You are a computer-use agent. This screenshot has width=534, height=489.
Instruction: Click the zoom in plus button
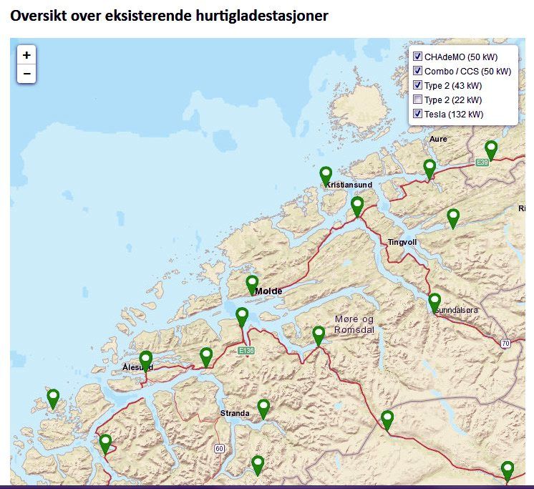pos(26,55)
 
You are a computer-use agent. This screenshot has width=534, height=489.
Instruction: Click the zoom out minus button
pos(26,74)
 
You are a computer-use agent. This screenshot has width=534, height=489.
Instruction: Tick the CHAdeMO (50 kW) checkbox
pos(418,57)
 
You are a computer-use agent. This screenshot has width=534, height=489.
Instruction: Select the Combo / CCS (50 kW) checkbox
pos(418,71)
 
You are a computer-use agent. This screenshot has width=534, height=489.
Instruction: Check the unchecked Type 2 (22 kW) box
pos(418,100)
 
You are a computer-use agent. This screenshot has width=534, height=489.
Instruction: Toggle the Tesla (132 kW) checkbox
pos(418,114)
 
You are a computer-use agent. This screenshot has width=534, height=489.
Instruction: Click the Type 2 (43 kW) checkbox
pos(418,85)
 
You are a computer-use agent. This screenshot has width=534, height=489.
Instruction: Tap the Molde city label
pos(268,291)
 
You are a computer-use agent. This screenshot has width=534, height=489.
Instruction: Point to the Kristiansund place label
pos(349,185)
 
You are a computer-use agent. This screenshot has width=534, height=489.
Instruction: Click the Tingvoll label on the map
pos(402,243)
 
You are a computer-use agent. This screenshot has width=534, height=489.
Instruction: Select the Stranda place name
pos(235,414)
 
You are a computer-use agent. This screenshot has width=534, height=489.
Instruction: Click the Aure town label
pos(438,139)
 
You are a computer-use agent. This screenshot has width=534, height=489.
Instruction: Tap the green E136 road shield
pos(246,351)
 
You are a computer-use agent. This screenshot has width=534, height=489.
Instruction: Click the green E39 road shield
pos(482,163)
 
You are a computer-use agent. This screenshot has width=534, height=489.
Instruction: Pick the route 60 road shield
pos(219,448)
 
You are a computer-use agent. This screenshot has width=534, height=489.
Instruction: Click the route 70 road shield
pos(505,344)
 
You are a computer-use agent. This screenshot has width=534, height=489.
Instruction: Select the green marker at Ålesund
pos(146,360)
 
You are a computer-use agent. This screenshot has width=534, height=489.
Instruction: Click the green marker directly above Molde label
pos(252,284)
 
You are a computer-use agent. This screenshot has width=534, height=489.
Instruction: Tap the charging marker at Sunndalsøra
pos(435,301)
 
